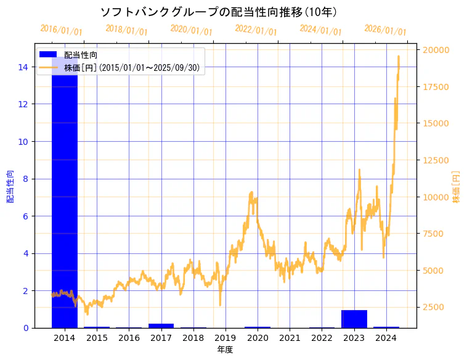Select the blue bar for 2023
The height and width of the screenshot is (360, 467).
coord(354,319)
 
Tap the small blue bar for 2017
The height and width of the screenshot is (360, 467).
coord(161,325)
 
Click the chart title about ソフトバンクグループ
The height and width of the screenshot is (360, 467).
coord(218,12)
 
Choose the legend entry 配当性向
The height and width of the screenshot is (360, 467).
coord(81,55)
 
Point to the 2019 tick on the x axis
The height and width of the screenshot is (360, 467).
coord(225,338)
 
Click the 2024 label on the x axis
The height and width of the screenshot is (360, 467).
coord(386,338)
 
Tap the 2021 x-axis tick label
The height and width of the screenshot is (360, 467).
coord(290,338)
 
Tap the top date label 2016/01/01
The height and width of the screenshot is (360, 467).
coord(61,30)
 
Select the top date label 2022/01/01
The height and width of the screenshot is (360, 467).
coord(256,30)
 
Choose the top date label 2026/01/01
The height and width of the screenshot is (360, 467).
coord(385,30)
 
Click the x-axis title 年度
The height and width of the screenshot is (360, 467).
coord(225,350)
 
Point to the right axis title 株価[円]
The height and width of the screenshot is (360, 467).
coord(456,187)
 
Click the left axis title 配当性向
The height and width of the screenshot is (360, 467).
coord(10,187)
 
